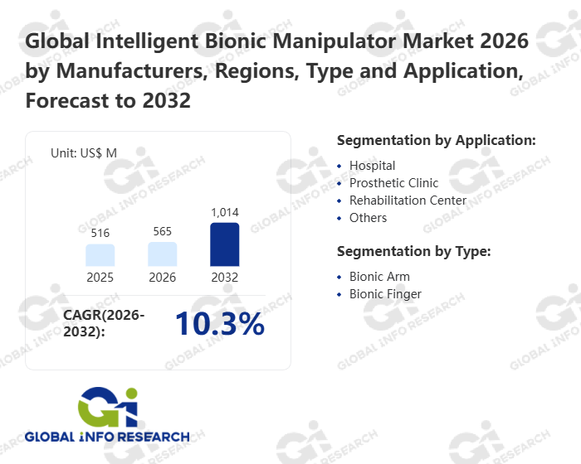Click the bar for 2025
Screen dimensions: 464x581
[x=100, y=254]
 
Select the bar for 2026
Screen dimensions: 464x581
[x=163, y=254]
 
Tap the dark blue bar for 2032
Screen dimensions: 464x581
[x=225, y=244]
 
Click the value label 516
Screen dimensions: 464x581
[x=100, y=234]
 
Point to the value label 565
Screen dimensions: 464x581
[x=163, y=231]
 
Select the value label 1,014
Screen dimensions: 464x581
[x=225, y=212]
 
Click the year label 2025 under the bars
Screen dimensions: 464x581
[x=100, y=278]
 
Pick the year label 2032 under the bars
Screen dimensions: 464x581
[x=225, y=278]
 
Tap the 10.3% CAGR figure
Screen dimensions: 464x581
[x=219, y=325]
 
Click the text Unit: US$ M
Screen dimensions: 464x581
[x=84, y=153]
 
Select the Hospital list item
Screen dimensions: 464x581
[x=372, y=166]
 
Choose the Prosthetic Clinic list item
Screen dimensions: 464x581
[x=393, y=183]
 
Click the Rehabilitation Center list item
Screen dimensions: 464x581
[x=408, y=201]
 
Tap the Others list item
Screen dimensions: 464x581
[x=368, y=218]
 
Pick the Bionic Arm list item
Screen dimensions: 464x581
[x=379, y=277]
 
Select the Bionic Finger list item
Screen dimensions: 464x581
[x=385, y=294]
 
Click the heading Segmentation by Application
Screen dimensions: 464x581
[x=437, y=140]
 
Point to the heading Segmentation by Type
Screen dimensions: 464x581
[x=414, y=251]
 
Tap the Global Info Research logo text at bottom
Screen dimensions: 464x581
[x=107, y=437]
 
